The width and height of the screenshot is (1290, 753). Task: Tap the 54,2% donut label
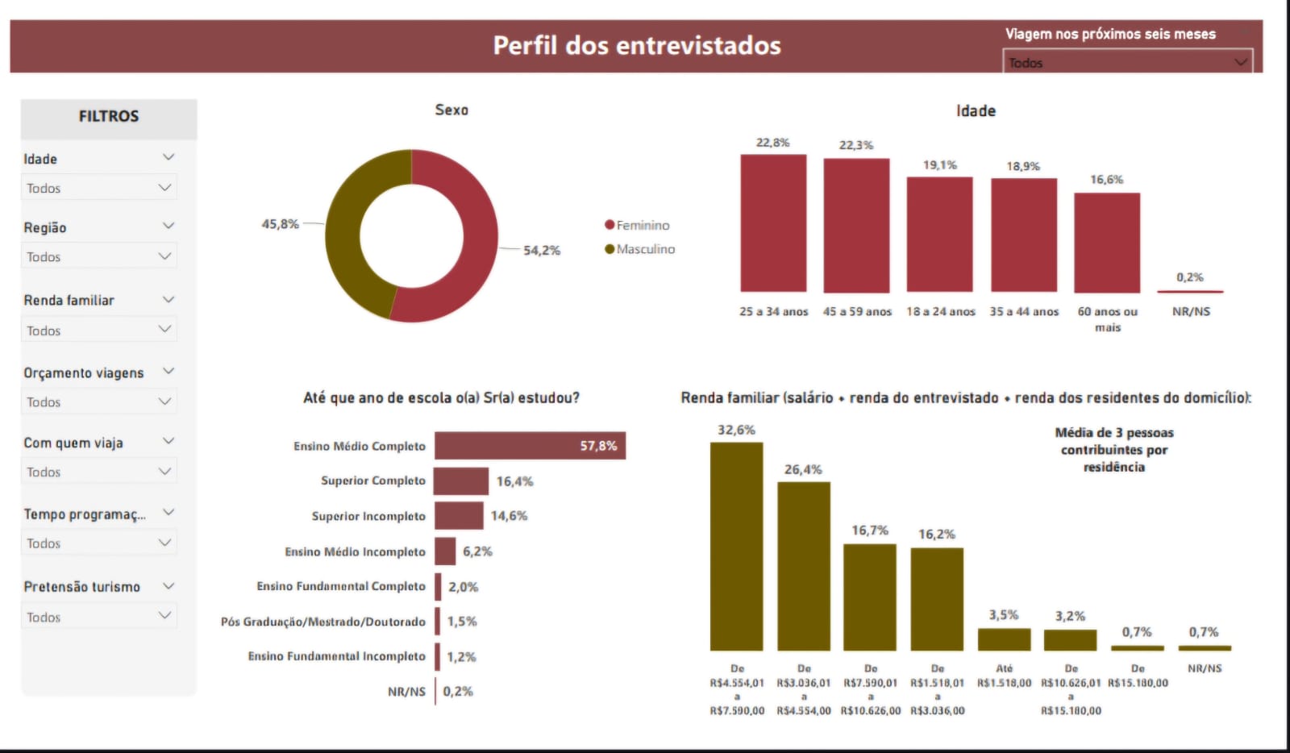click(x=541, y=251)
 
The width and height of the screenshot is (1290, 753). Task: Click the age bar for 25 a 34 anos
click(x=773, y=223)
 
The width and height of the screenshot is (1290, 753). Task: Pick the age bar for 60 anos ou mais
click(x=1107, y=243)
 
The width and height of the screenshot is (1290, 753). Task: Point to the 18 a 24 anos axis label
click(x=940, y=312)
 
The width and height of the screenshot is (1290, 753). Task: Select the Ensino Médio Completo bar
click(x=530, y=446)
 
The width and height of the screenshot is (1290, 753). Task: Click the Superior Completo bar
click(x=461, y=481)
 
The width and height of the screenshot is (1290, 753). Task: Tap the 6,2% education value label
click(x=477, y=551)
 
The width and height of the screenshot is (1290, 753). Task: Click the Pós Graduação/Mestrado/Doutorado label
click(x=322, y=622)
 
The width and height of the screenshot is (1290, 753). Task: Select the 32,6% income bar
click(x=736, y=547)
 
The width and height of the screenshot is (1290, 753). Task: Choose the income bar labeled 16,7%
click(x=870, y=597)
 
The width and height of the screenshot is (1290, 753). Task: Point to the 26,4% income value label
click(x=803, y=469)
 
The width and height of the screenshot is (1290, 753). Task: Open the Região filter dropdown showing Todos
click(x=98, y=256)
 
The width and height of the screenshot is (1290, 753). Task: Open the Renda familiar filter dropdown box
click(x=98, y=331)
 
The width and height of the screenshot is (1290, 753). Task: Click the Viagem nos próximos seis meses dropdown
click(x=1127, y=62)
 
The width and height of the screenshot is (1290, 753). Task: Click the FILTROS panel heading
click(x=109, y=117)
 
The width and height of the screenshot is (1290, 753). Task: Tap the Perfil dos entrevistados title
click(x=637, y=46)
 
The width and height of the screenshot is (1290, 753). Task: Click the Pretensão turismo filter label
click(x=82, y=587)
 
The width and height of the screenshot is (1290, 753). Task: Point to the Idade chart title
click(x=976, y=111)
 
